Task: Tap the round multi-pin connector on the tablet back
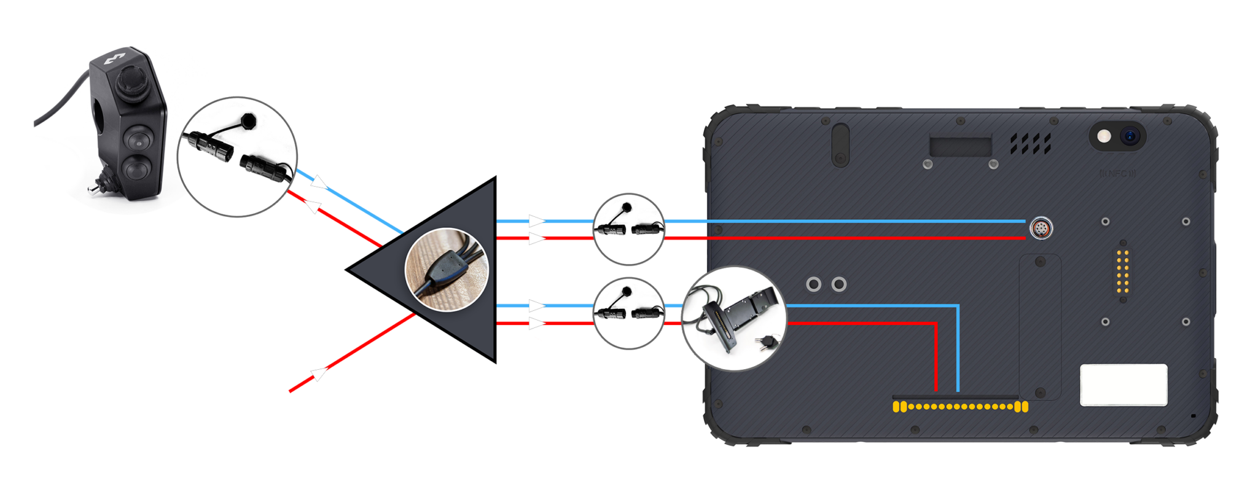pyautogui.click(x=1039, y=229)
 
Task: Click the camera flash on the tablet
pyautogui.click(x=1104, y=136)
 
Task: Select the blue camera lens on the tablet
pyautogui.click(x=1130, y=136)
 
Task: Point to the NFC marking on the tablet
pyautogui.click(x=1117, y=174)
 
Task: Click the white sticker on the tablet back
pyautogui.click(x=1123, y=385)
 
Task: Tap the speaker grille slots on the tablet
pyautogui.click(x=1031, y=144)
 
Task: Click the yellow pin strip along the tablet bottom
pyautogui.click(x=960, y=407)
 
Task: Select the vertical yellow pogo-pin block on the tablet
pyautogui.click(x=1123, y=271)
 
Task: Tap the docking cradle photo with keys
pyautogui.click(x=734, y=318)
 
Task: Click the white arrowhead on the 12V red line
pyautogui.click(x=319, y=373)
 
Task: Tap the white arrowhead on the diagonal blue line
pyautogui.click(x=318, y=182)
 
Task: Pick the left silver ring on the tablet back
pyautogui.click(x=813, y=284)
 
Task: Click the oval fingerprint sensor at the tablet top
pyautogui.click(x=840, y=144)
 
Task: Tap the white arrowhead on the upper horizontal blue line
pyautogui.click(x=536, y=221)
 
